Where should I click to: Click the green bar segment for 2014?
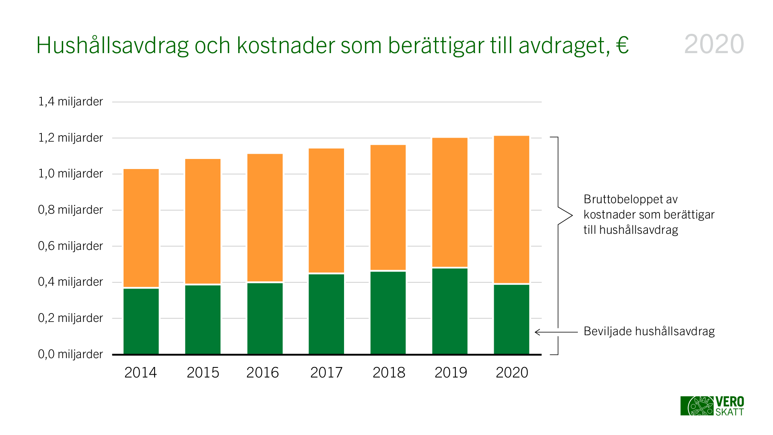141,321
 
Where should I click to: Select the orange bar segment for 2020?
511,209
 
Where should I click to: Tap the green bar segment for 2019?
450,311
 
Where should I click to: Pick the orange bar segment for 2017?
326,210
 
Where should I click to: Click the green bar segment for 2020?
511,319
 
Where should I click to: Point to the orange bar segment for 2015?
203,221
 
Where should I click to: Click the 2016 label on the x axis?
262,373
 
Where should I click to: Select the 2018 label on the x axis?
389,373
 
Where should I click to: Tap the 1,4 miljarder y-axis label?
70,101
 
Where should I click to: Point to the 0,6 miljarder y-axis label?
70,246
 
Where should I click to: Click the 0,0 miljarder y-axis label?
70,354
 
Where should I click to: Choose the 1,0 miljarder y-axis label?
70,173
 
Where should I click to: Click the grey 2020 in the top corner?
714,44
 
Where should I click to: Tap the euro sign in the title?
622,45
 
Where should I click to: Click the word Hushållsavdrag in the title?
112,45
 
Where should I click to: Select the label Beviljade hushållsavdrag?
649,331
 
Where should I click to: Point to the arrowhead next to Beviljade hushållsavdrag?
537,332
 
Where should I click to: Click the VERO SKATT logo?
712,406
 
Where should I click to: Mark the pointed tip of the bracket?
571,216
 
